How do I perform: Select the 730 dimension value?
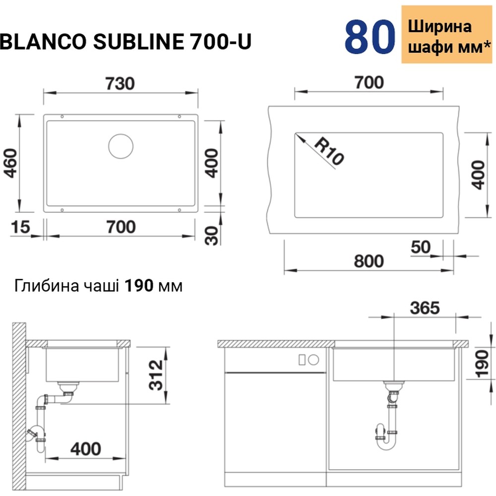121,84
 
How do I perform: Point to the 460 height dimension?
10,162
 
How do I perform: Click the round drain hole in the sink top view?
121,146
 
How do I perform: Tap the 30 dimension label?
212,235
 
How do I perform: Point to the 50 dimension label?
421,247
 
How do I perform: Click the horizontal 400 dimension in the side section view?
85,448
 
